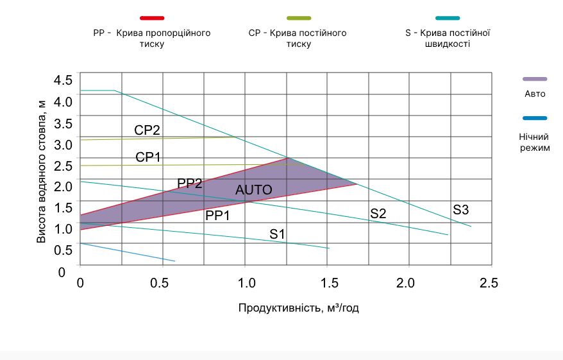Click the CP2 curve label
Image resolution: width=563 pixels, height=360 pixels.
click(147, 130)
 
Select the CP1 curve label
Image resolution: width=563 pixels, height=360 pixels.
click(147, 157)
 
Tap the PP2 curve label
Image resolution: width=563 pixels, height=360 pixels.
click(190, 184)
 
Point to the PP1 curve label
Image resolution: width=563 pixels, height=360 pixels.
click(217, 216)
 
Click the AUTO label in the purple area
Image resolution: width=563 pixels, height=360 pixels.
click(254, 190)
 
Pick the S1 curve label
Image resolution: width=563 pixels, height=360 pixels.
click(277, 234)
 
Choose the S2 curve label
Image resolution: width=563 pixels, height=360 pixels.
click(378, 214)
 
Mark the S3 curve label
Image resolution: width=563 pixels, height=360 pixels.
click(461, 209)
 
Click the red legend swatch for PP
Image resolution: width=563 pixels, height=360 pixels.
click(152, 18)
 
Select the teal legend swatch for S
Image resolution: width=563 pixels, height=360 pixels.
click(448, 18)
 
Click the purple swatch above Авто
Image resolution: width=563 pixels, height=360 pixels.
click(535, 78)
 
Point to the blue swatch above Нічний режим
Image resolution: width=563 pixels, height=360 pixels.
click(535, 118)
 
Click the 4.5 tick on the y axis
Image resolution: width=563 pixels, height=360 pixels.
click(64, 80)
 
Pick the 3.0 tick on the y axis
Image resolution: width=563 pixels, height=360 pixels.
click(64, 144)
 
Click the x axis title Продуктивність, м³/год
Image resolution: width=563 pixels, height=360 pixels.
click(298, 308)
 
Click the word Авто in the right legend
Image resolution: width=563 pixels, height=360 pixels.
click(535, 94)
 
